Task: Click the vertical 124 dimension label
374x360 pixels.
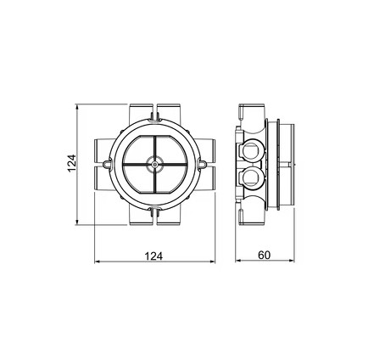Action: click(x=72, y=163)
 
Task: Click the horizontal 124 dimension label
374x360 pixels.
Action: click(x=154, y=256)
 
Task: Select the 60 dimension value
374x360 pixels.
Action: click(x=265, y=255)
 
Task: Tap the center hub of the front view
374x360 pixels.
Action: click(x=154, y=164)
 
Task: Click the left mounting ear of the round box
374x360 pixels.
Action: click(x=107, y=164)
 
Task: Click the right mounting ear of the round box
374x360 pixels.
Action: click(x=203, y=164)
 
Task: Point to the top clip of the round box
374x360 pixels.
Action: click(x=154, y=117)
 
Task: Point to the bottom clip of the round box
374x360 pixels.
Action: click(x=154, y=211)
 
